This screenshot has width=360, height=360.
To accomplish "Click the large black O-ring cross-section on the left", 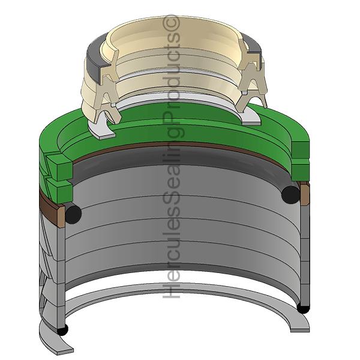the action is pos(73,213).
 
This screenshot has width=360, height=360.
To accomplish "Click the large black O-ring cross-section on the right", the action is pos(290,194).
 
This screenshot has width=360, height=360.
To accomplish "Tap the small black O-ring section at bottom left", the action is pos(62,330).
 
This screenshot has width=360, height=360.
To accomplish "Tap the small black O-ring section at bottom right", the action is pos(303,308).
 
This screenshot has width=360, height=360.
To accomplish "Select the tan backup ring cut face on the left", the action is pos(61,217).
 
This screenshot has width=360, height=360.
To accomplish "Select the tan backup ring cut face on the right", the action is pos(304,194).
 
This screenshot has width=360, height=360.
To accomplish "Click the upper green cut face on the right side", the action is pos(301,151).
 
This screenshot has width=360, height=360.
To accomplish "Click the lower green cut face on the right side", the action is pos(301,170).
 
